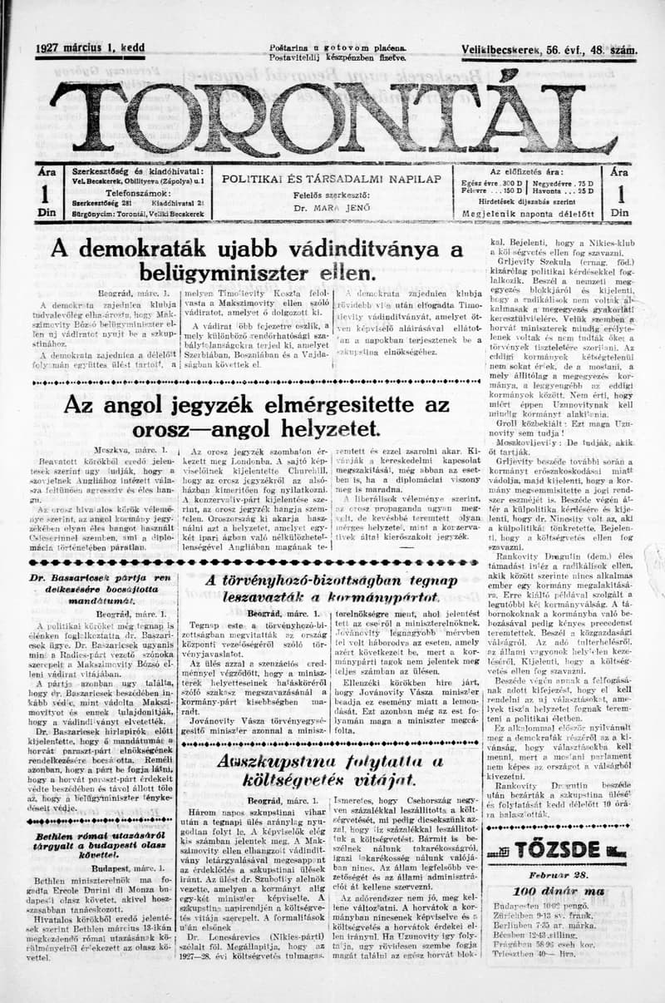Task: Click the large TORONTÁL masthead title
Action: [x=332, y=115]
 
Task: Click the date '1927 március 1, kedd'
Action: [x=90, y=49]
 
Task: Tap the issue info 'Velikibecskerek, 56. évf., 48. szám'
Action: [x=550, y=50]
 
